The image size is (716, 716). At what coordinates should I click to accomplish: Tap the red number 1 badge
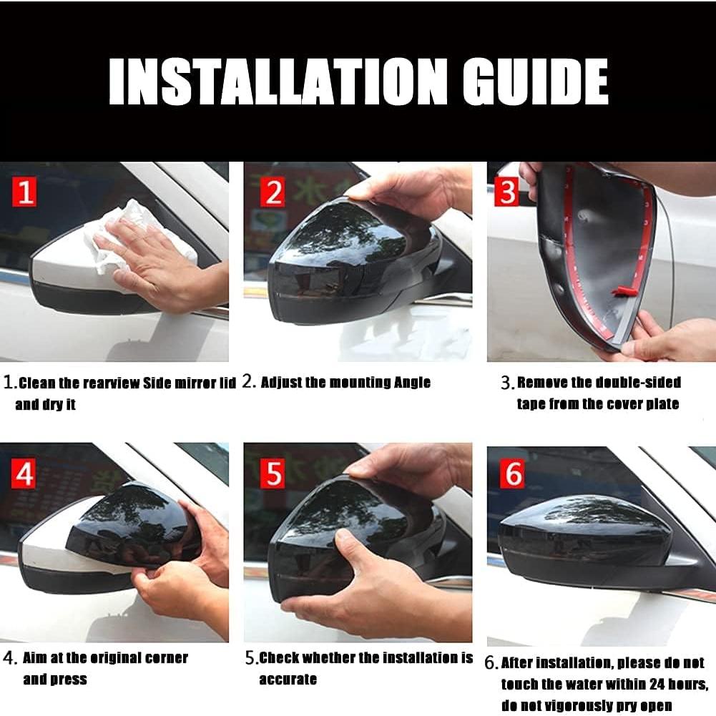point(25,192)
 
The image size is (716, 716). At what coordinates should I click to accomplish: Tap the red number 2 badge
point(271,192)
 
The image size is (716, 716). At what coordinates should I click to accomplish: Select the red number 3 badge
point(506,192)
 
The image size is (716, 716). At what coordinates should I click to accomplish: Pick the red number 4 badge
point(25,473)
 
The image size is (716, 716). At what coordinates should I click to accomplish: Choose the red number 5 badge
point(271,473)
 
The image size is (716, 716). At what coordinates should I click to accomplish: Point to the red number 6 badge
point(513,474)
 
